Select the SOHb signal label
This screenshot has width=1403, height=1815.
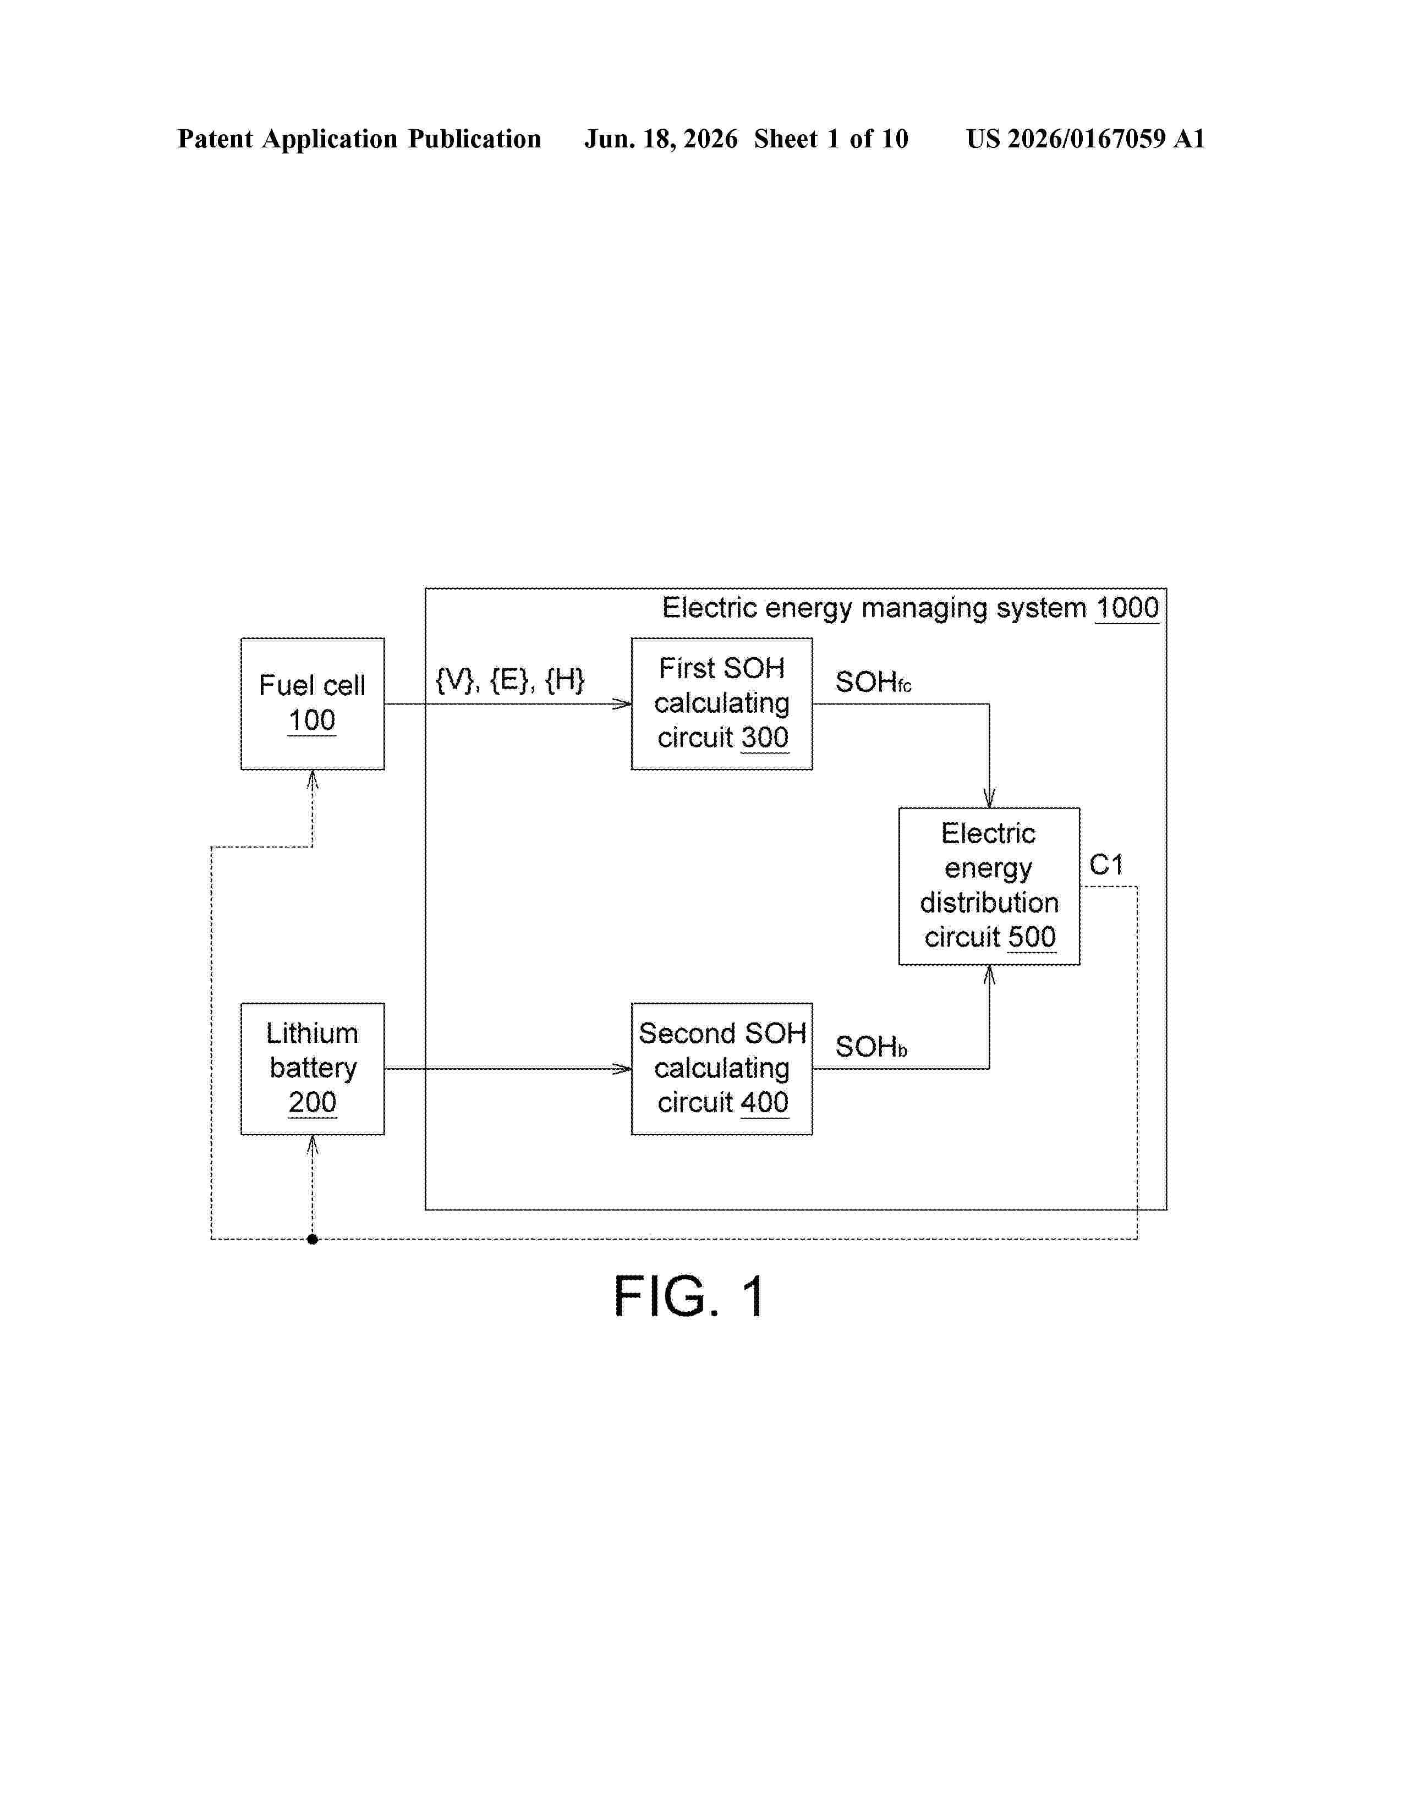point(871,1047)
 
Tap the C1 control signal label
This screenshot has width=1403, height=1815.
point(1106,865)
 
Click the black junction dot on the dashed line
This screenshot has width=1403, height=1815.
point(313,1239)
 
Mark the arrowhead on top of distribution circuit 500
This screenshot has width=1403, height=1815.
point(989,798)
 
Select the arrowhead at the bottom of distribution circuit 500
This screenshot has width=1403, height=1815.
point(989,975)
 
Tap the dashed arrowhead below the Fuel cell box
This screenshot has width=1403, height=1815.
point(313,779)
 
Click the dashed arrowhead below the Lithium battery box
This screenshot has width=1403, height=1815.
point(313,1145)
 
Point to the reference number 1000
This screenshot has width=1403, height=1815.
point(1127,608)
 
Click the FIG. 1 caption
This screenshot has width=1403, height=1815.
point(689,1296)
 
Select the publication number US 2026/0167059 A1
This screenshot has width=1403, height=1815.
point(1086,139)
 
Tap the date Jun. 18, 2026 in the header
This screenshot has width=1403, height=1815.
point(661,139)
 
